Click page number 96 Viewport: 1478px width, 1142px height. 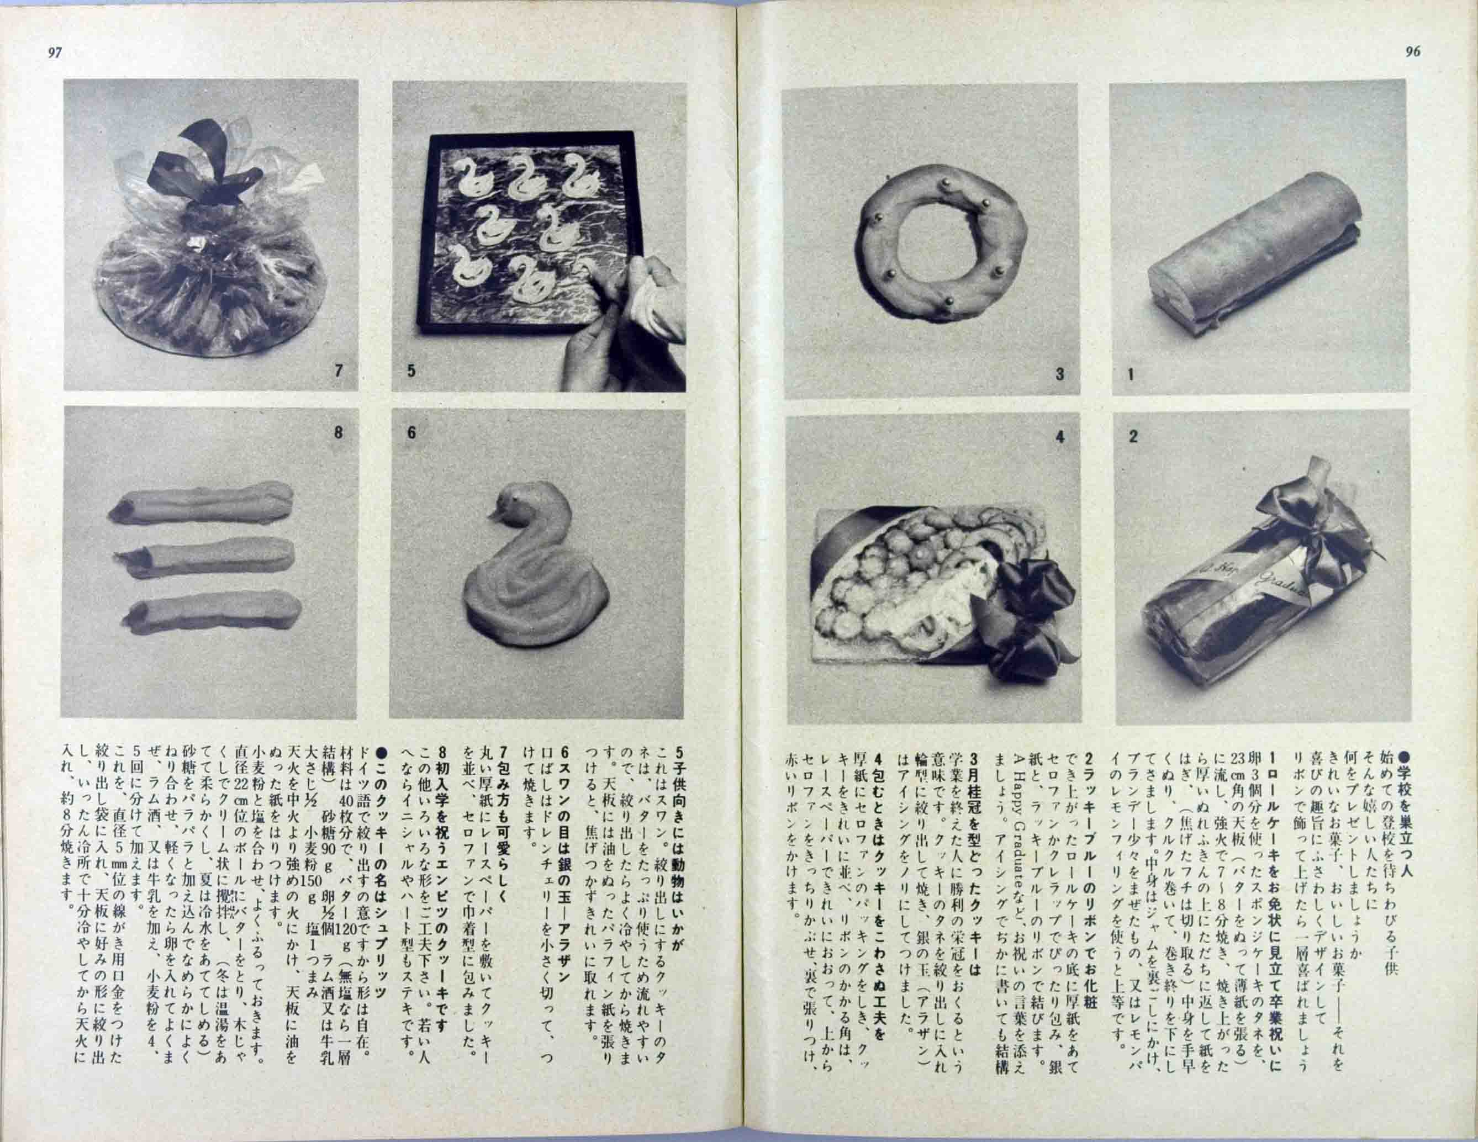pyautogui.click(x=1412, y=51)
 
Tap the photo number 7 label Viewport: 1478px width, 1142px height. pyautogui.click(x=339, y=370)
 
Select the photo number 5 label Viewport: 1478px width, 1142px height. pyautogui.click(x=411, y=370)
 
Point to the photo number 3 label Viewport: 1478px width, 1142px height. pyautogui.click(x=1060, y=373)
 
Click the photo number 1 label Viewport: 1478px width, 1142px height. pyautogui.click(x=1131, y=373)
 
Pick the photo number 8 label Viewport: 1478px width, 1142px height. pyautogui.click(x=339, y=432)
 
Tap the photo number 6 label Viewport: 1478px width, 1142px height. pyautogui.click(x=411, y=432)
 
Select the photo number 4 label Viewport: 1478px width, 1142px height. pyautogui.click(x=1060, y=437)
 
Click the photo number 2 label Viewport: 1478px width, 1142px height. pyautogui.click(x=1133, y=436)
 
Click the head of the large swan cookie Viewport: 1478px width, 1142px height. pyautogui.click(x=514, y=504)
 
